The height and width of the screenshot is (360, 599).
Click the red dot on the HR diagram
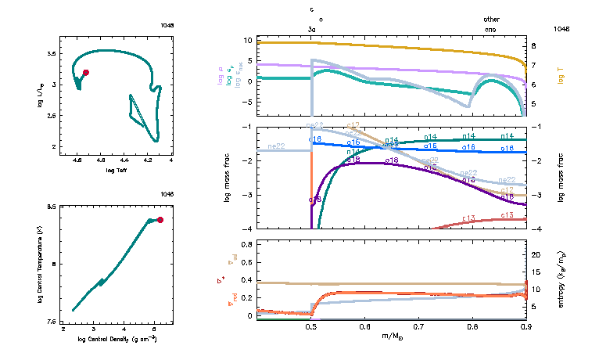pyautogui.click(x=86, y=72)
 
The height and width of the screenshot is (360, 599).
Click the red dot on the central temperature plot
pyautogui.click(x=160, y=220)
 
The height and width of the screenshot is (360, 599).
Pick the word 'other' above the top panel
pyautogui.click(x=491, y=19)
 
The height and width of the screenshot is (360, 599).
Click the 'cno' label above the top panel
pyautogui.click(x=490, y=28)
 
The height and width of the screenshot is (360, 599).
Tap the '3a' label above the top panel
pyautogui.click(x=312, y=28)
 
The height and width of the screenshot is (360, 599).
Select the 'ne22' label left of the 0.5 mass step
pyautogui.click(x=276, y=146)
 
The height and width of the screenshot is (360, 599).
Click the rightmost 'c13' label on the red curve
pyautogui.click(x=507, y=214)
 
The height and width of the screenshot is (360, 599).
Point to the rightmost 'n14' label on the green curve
pyautogui.click(x=508, y=136)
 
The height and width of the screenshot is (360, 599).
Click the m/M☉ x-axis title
pyautogui.click(x=391, y=336)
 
